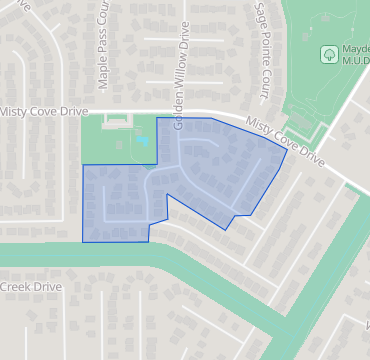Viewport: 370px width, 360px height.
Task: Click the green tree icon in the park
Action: (x=328, y=52)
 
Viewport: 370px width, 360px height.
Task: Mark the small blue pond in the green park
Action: (x=142, y=140)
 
